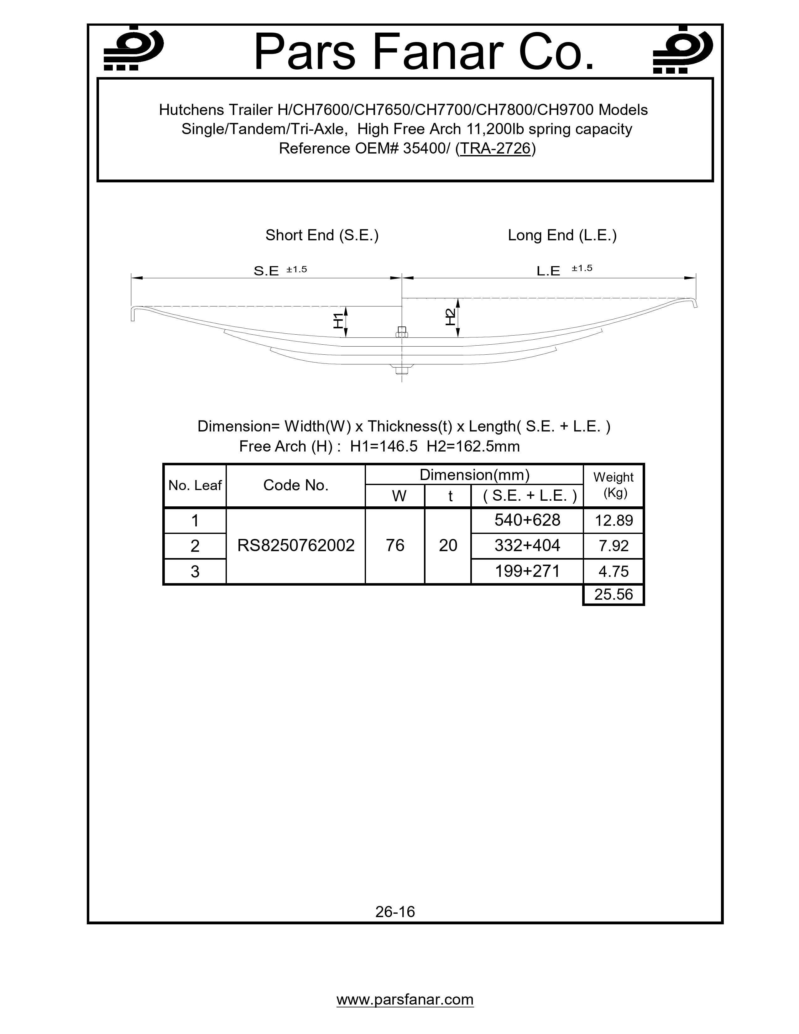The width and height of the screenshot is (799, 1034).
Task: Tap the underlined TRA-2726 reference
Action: (495, 149)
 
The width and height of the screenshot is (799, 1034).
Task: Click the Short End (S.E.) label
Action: (322, 235)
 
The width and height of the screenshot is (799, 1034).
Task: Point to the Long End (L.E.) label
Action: (562, 235)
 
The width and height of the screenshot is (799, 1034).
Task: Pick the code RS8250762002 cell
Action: (296, 546)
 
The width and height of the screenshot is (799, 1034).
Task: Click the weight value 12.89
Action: (614, 521)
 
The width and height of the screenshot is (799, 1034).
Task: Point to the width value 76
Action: (395, 546)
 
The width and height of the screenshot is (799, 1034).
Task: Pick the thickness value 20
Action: (448, 546)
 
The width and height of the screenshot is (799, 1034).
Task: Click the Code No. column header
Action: (296, 485)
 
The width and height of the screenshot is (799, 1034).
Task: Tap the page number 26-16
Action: (395, 912)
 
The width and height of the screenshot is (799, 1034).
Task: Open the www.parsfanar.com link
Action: (405, 1000)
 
